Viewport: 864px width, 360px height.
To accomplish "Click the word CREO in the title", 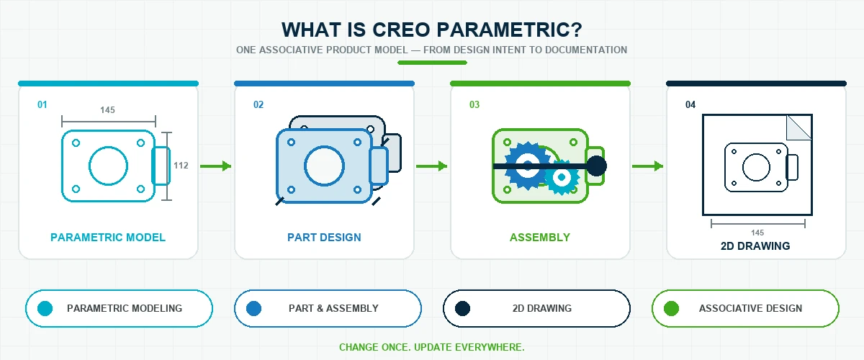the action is coord(401,30).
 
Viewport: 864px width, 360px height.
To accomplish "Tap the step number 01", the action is coord(42,104).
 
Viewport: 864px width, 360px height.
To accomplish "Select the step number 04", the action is coord(690,104).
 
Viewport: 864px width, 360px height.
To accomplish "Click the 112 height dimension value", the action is coord(181,166).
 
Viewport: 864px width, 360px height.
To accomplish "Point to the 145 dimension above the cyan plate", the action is coord(107,110).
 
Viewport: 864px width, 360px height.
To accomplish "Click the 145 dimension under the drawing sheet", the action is coord(757,233).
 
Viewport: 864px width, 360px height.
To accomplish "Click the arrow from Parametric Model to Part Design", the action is coord(215,166).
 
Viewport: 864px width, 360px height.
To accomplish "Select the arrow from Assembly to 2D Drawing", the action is coord(647,166).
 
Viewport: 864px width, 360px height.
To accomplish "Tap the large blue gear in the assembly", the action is coord(528,166).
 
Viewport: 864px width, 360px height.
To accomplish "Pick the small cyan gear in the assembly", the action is coord(562,177).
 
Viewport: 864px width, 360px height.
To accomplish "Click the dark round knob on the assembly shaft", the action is coord(596,166).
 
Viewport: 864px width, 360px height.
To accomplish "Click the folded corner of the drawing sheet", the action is coord(798,127).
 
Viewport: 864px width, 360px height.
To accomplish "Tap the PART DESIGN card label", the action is coord(325,238).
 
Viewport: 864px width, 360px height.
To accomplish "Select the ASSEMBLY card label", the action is coord(540,238).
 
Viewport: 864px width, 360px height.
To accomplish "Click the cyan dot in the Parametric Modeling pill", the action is coord(45,309).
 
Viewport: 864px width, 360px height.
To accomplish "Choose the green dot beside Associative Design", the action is coord(671,309).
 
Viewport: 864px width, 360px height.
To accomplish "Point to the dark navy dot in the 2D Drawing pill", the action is coord(462,309).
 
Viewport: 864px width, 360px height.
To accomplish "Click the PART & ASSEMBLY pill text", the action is coord(333,308).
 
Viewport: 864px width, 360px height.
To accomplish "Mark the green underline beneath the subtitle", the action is coord(433,63).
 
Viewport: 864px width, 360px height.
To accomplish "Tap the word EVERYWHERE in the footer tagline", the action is coord(490,347).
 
